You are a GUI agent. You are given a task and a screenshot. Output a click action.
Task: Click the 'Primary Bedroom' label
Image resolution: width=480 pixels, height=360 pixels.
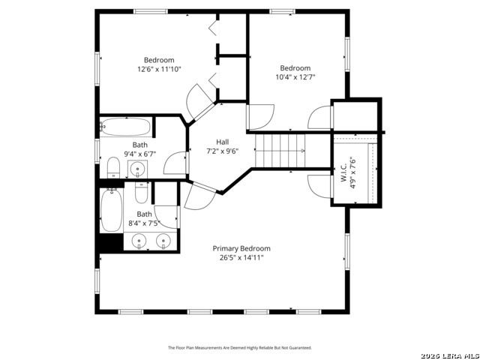(x=241, y=248)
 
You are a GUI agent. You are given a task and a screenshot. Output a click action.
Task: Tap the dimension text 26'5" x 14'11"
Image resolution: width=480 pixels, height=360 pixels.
(x=241, y=257)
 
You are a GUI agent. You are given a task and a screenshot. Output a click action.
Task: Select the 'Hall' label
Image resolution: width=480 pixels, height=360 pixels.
(x=223, y=142)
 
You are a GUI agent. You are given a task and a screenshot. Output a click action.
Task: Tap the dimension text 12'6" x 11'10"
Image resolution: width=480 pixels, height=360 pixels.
(x=159, y=69)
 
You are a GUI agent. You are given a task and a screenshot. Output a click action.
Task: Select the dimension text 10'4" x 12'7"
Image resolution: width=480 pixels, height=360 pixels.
(x=295, y=76)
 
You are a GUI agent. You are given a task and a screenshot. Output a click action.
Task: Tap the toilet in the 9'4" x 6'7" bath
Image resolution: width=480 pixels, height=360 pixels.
(x=113, y=166)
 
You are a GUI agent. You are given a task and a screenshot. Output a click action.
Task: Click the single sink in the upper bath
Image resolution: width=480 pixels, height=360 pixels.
(x=139, y=169)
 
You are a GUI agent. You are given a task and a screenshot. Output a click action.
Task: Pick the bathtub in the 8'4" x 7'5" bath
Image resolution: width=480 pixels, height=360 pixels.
(x=111, y=210)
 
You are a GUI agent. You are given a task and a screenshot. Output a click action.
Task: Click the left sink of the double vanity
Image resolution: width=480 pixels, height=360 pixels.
(x=139, y=241)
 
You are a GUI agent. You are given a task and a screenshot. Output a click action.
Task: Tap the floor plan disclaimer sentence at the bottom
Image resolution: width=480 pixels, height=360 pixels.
(x=239, y=348)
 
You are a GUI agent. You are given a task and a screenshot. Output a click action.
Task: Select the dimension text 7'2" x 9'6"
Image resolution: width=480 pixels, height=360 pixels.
(x=223, y=151)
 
